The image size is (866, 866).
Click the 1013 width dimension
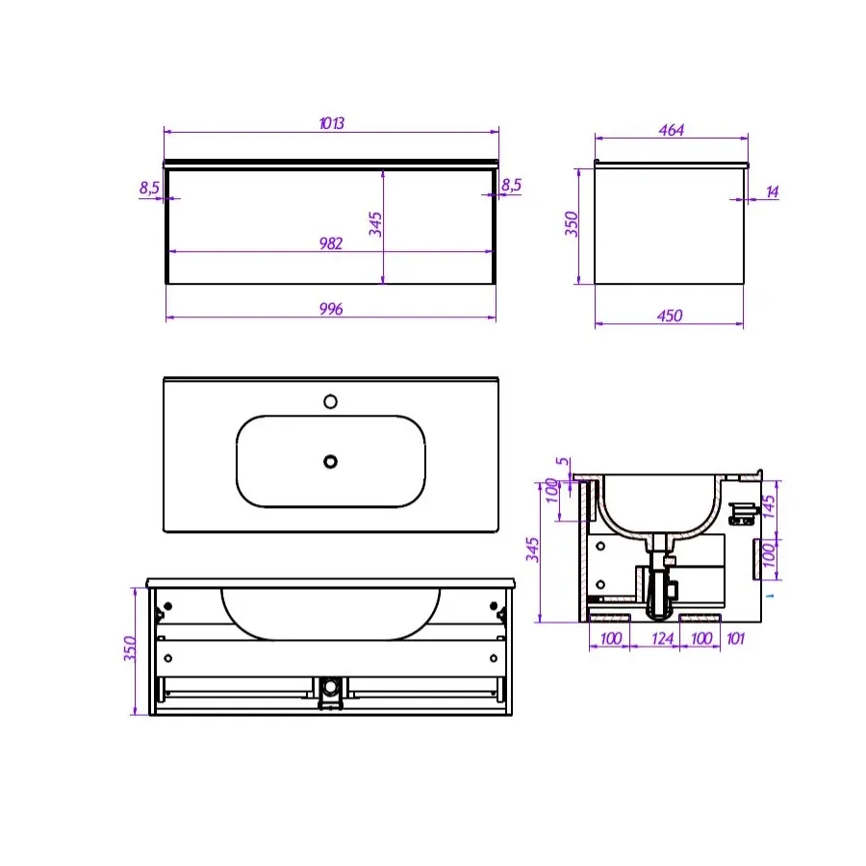click(x=331, y=122)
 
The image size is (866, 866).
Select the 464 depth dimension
click(x=671, y=130)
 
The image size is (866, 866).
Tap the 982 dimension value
click(x=331, y=243)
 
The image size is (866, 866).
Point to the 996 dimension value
click(x=331, y=309)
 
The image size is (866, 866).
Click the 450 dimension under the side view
click(x=670, y=316)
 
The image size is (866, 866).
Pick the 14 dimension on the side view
click(x=772, y=191)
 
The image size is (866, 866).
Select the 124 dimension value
click(x=662, y=639)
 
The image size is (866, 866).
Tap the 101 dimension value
click(x=736, y=639)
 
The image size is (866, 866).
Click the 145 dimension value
click(x=769, y=506)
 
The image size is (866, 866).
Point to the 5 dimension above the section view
click(x=562, y=461)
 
